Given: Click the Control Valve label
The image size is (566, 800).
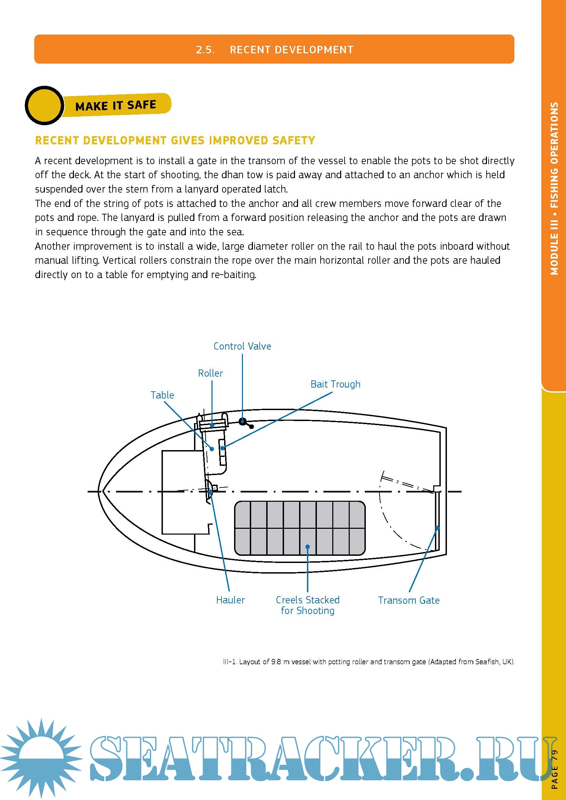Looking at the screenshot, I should tap(242, 346).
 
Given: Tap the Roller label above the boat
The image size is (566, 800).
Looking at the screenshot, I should tap(210, 373).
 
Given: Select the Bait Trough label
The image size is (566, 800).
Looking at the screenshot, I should tap(335, 384).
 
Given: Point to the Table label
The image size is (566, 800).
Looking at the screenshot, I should tap(162, 395).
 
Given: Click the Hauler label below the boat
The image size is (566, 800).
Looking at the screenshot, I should tap(230, 600).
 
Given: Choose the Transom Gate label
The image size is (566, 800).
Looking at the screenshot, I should tap(409, 600).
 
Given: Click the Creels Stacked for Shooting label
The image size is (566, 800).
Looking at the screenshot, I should tap(307, 605).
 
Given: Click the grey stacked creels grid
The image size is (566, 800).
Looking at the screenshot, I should tap(300, 528).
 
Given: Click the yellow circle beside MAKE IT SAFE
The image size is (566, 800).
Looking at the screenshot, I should tap(44, 106).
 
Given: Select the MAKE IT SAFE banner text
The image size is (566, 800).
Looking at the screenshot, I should tap(116, 105).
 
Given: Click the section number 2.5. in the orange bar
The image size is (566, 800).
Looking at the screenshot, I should tap(205, 50).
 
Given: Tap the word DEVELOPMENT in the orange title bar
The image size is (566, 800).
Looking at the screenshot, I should tap(314, 50).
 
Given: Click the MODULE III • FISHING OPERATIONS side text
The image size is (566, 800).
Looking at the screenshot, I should tap(554, 188).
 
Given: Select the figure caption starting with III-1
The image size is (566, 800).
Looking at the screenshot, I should tap(369, 662).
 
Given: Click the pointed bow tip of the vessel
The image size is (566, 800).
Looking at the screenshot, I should tap(99, 491).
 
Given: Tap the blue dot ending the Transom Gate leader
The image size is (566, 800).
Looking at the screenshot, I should tap(437, 528).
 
